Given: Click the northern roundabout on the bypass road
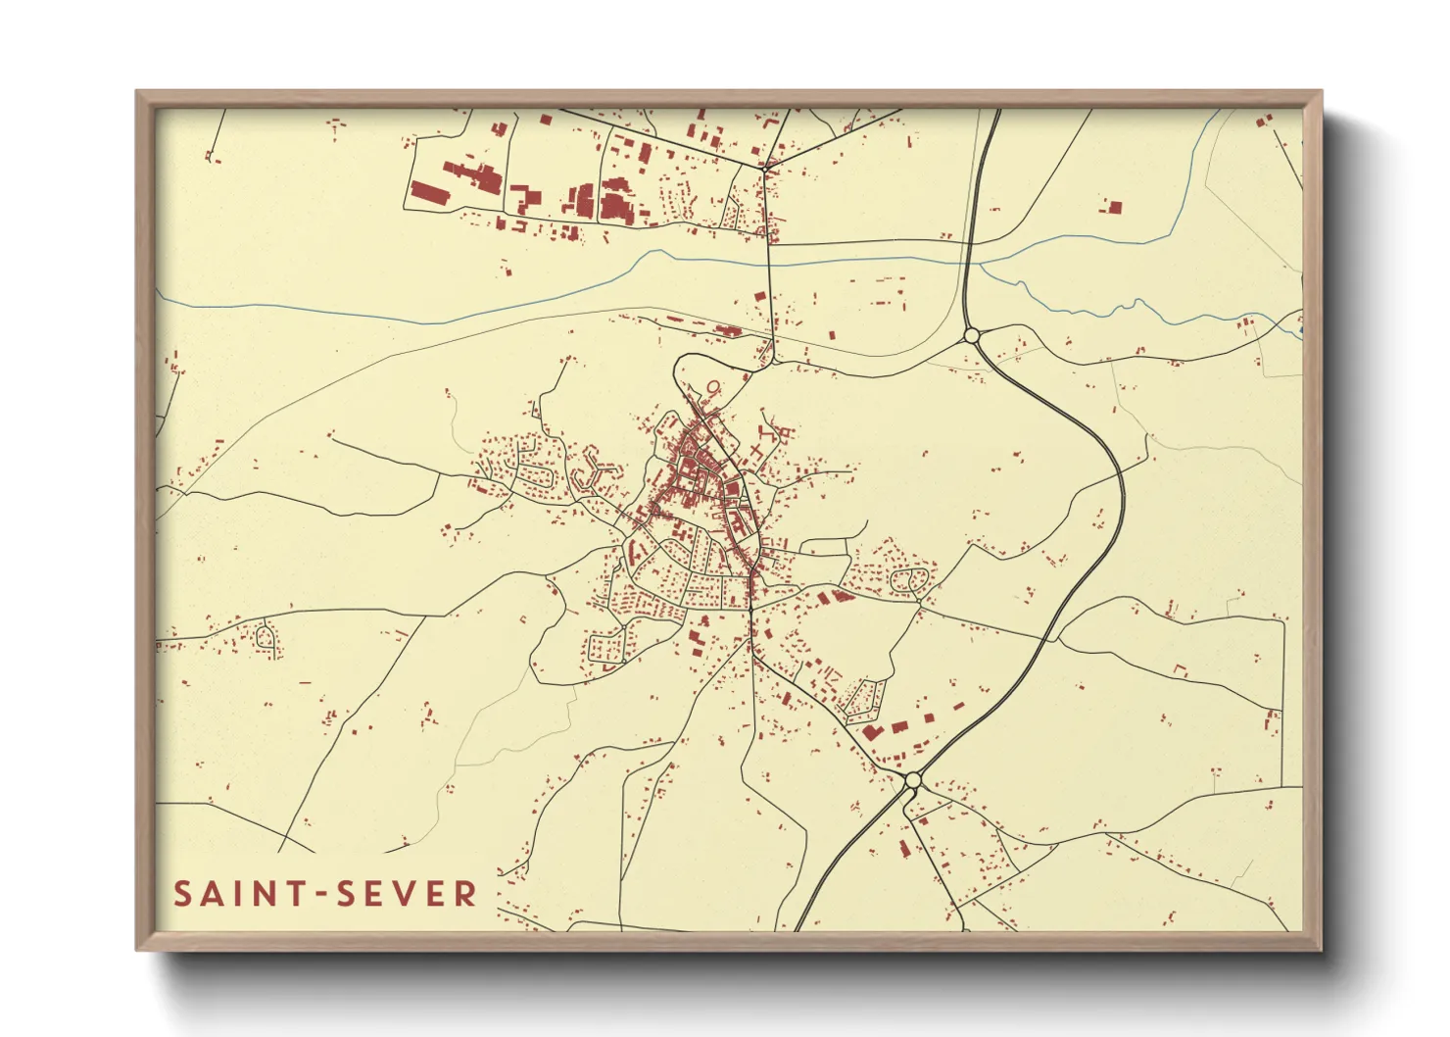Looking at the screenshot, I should pyautogui.click(x=972, y=336).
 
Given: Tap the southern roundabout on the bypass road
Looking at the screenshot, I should pyautogui.click(x=913, y=780).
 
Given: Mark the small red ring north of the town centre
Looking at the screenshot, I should pyautogui.click(x=712, y=386).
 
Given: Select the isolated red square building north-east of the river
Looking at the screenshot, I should pyautogui.click(x=1113, y=208).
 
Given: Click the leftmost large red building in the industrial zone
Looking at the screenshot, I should pyautogui.click(x=428, y=192).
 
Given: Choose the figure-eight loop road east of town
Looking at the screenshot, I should pyautogui.click(x=909, y=581).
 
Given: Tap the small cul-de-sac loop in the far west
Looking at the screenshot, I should pyautogui.click(x=265, y=637).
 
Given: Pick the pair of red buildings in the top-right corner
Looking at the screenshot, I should pyautogui.click(x=1264, y=121).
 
